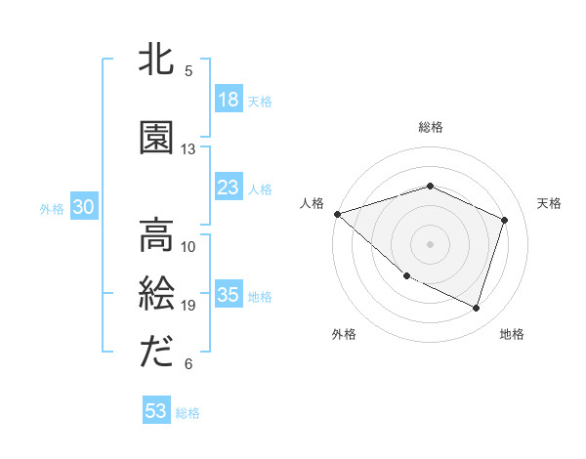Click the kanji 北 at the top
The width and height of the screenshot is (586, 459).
157,60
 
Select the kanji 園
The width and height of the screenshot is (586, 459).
157,138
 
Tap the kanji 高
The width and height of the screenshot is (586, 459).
157,235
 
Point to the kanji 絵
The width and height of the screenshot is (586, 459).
157,294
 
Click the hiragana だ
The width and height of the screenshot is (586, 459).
157,353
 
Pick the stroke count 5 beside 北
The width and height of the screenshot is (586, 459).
188,71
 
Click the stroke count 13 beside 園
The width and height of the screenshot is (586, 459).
188,149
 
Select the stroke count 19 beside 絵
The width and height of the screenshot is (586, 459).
188,306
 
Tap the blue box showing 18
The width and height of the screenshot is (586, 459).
229,100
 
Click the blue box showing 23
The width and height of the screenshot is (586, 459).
229,188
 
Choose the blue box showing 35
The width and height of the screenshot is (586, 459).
229,295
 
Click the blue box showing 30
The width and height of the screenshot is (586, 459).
83,207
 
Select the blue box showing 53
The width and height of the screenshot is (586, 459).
156,411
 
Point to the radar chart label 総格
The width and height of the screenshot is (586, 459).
431,127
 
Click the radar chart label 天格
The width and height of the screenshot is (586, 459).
549,203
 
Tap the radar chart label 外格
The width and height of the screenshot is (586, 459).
344,334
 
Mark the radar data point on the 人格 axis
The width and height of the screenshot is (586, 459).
337,214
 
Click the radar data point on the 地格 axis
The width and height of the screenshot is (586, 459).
476,309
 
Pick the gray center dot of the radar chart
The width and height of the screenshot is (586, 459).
430,244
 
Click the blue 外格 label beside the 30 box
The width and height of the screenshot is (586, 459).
52,208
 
